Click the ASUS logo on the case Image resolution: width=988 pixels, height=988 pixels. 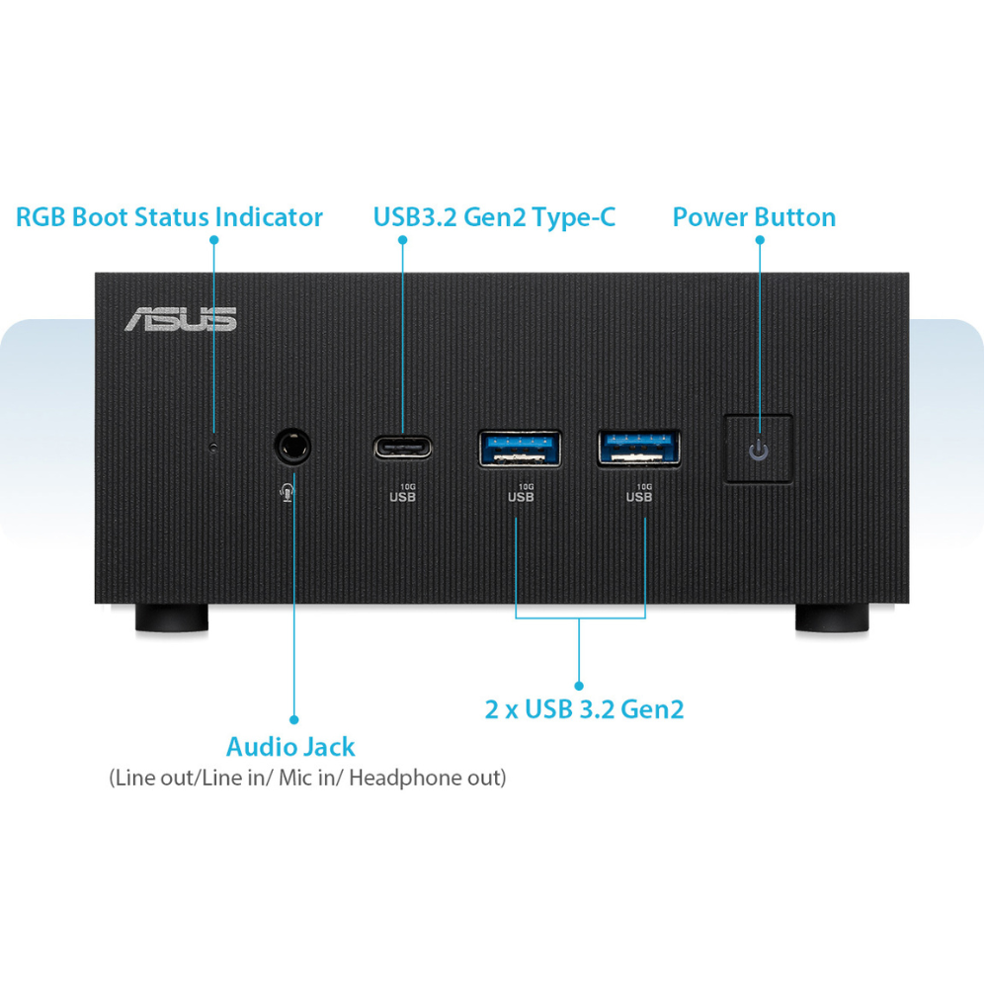point(180,318)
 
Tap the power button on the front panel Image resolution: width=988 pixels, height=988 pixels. point(758,449)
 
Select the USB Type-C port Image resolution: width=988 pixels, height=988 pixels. point(402,447)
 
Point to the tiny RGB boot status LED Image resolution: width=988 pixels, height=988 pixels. point(214,447)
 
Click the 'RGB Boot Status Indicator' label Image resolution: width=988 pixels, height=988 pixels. point(169,217)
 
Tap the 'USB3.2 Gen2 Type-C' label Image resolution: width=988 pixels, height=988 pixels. point(494,217)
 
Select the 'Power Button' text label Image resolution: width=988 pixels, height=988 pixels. point(754,217)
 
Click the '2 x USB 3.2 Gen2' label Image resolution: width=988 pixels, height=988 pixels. point(584,709)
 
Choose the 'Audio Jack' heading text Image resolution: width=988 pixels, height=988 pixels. point(290,747)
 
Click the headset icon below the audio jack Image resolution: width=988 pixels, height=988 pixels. point(288,491)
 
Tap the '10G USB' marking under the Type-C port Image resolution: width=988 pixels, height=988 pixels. point(403,493)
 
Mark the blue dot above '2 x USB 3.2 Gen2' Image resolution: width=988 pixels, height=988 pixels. point(579,684)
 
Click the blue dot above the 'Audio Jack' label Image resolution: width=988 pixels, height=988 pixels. point(293,720)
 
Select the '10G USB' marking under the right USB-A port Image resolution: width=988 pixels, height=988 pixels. point(639,493)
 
